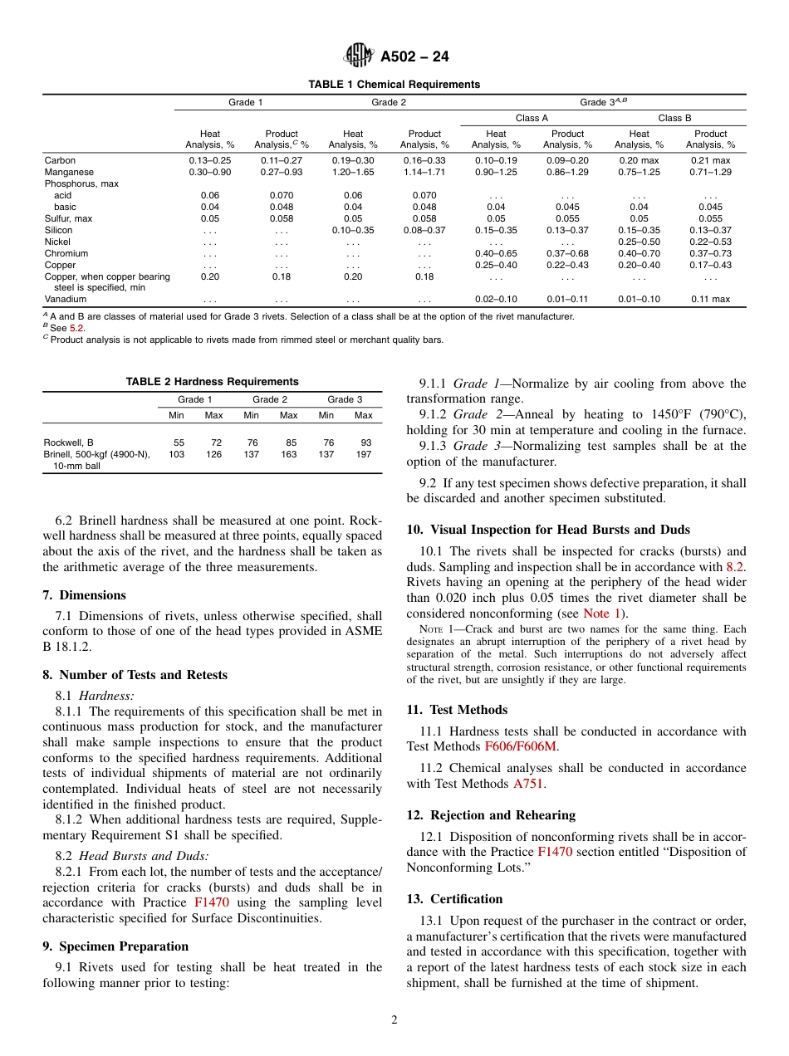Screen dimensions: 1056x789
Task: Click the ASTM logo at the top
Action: coord(359,56)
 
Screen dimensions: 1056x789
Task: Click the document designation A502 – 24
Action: coord(414,57)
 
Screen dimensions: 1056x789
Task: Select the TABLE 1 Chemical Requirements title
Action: coord(394,85)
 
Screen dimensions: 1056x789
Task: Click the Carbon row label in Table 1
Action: coord(60,160)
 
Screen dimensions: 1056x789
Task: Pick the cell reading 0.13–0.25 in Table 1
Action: coord(210,160)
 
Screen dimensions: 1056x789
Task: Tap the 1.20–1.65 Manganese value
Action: coord(353,172)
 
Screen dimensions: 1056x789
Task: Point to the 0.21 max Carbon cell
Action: coord(710,160)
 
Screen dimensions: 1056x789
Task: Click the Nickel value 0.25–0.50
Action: coord(639,242)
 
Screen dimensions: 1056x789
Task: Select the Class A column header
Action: coord(532,118)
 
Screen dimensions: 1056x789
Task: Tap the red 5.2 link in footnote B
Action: coord(76,328)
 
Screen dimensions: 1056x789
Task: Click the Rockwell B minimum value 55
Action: coord(179,443)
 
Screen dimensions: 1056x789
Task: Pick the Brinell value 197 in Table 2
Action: coord(364,455)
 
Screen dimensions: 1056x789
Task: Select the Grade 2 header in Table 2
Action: coord(270,399)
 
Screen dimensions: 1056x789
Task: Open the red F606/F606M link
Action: coord(521,746)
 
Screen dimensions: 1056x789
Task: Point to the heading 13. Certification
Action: coord(454,899)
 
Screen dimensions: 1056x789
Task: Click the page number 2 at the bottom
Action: coord(394,1020)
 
